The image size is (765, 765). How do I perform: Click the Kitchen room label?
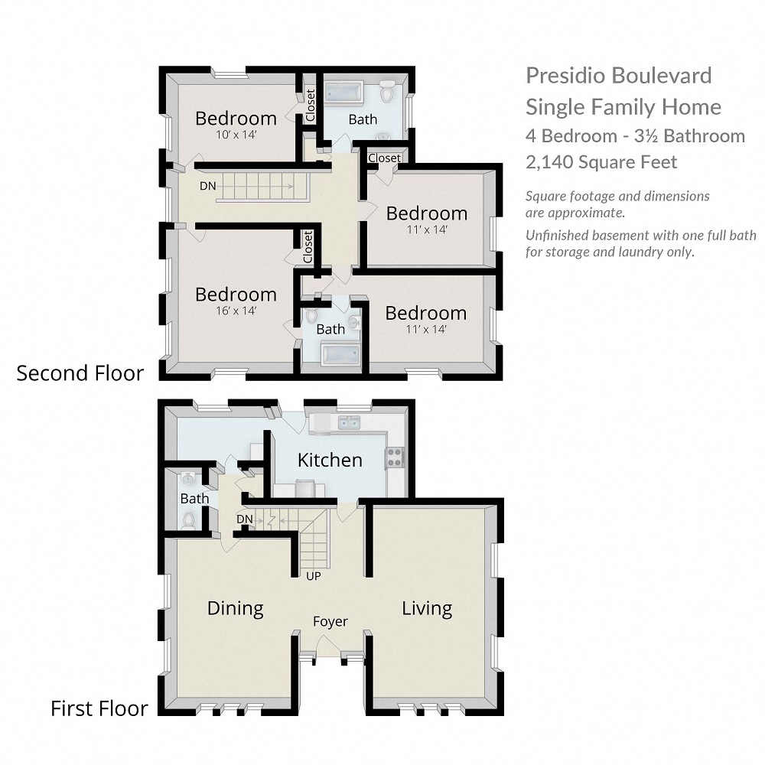pos(330,460)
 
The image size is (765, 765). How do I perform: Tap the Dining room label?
pos(236,608)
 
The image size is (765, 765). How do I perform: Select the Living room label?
pos(428,608)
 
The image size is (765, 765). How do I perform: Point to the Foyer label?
pos(330,622)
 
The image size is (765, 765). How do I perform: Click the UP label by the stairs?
pos(313,576)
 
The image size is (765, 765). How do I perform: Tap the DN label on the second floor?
pos(207,186)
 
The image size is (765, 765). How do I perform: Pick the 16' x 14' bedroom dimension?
pos(235,311)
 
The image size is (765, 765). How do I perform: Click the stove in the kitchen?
pos(395,457)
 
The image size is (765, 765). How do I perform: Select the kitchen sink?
pos(350,422)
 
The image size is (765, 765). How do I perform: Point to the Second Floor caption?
pos(80,373)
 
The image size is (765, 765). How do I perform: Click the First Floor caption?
pos(99,708)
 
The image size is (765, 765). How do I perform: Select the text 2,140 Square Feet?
pos(601,162)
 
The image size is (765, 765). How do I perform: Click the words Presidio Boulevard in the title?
pos(619,76)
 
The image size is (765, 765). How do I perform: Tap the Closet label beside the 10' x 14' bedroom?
pos(311,106)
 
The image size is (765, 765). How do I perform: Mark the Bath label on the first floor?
pos(194,499)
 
